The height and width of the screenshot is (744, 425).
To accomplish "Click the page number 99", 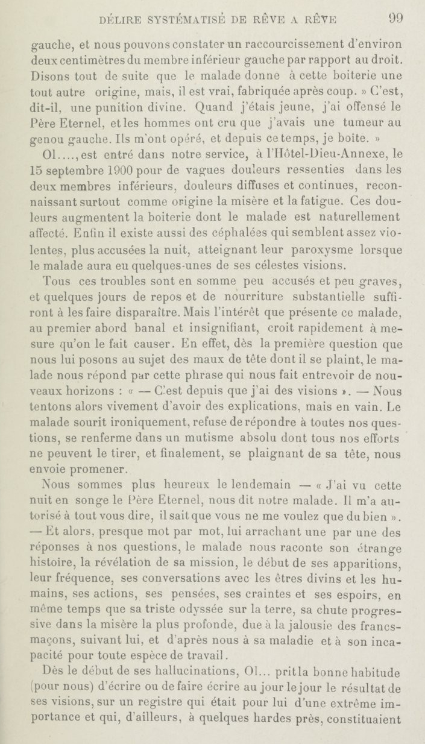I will pos(395,18).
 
